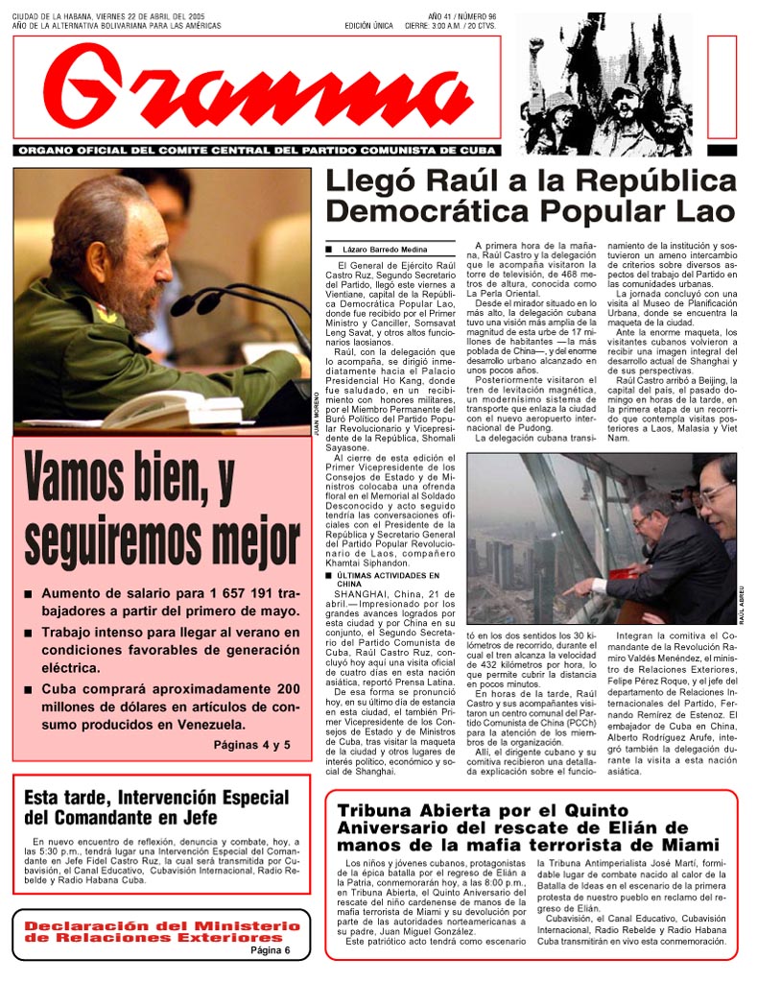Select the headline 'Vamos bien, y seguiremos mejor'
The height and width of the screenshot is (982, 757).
click(161, 511)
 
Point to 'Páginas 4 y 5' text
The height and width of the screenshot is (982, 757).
click(251, 744)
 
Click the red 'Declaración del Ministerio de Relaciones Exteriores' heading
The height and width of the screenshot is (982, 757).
click(161, 930)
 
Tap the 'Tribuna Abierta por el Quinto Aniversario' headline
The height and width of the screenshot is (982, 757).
click(527, 827)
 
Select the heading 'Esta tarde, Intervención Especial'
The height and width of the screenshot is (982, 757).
click(155, 807)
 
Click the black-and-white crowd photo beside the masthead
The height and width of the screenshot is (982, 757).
click(605, 84)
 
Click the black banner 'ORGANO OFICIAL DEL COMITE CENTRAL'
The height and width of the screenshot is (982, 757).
click(257, 151)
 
